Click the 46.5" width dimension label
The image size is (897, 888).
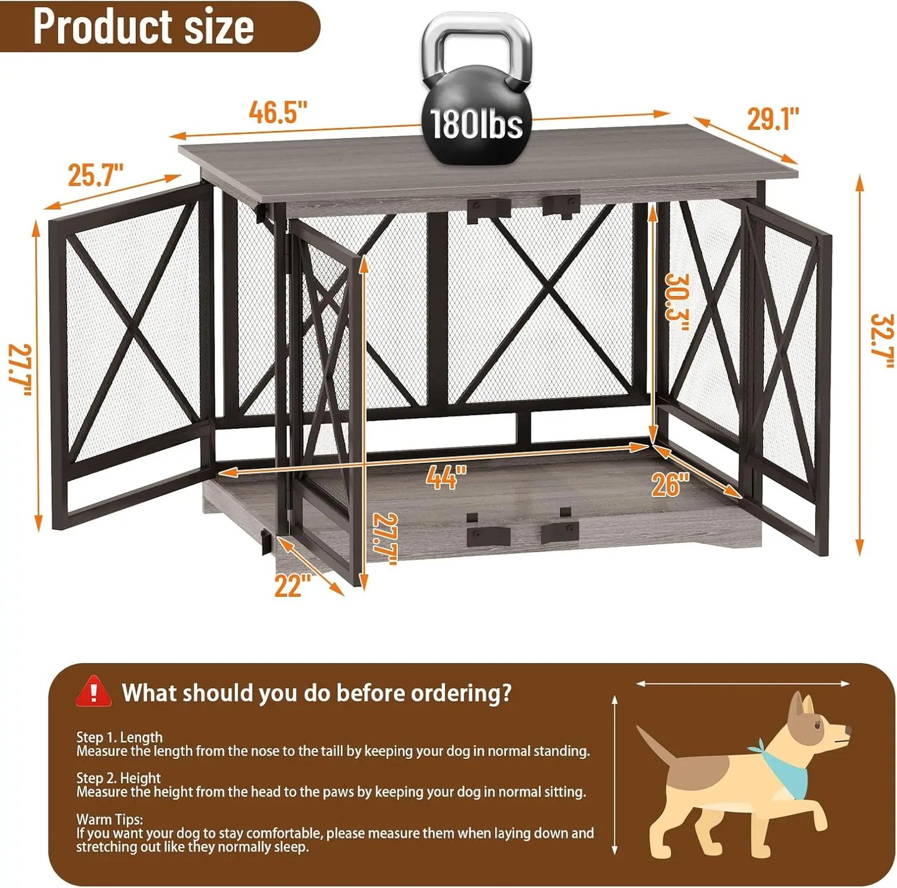278,112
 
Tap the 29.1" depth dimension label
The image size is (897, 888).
773,119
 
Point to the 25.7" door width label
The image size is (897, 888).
96,175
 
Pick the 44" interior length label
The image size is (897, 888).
446,477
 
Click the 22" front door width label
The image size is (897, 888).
292,586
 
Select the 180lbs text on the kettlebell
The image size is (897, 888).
476,124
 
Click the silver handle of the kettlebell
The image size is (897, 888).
477,37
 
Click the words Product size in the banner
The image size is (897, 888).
143,27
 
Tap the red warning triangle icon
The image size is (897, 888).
93,692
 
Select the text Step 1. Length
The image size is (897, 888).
119,737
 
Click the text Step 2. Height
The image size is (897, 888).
119,778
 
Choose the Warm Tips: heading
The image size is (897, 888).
109,819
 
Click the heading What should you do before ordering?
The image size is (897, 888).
317,693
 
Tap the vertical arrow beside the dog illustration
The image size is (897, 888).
615,776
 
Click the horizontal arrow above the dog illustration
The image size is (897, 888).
743,683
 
